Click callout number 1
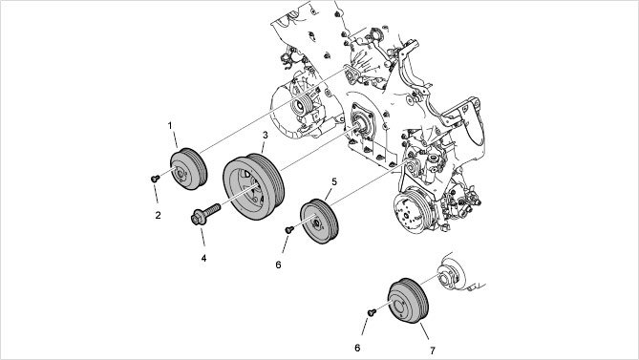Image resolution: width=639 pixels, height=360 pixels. pyautogui.click(x=170, y=126)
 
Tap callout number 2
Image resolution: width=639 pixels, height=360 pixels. pyautogui.click(x=159, y=216)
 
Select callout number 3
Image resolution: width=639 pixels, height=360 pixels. pyautogui.click(x=266, y=135)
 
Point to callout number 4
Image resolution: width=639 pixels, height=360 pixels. pyautogui.click(x=203, y=258)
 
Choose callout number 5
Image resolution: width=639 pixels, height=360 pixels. pyautogui.click(x=334, y=181)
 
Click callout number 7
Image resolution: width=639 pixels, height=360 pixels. pyautogui.click(x=433, y=350)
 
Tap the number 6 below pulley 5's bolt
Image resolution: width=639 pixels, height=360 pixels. pyautogui.click(x=278, y=265)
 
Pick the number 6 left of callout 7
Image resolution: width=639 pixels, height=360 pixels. pyautogui.click(x=357, y=349)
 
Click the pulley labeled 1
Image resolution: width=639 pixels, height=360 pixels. pyautogui.click(x=189, y=169)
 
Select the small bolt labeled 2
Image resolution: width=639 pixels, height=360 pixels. pyautogui.click(x=155, y=179)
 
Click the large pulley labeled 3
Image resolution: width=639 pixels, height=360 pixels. pyautogui.click(x=253, y=187)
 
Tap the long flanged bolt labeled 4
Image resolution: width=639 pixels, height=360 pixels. pyautogui.click(x=205, y=214)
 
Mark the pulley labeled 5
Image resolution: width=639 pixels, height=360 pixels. pyautogui.click(x=319, y=222)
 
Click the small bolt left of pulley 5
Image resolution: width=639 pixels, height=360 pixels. pyautogui.click(x=289, y=230)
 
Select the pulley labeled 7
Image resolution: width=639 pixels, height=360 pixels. pyautogui.click(x=408, y=301)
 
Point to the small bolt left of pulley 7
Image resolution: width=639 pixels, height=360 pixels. pyautogui.click(x=372, y=312)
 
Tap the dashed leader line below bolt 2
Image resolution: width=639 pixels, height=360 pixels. pyautogui.click(x=156, y=194)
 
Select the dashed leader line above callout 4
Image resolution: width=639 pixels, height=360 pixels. pyautogui.click(x=202, y=237)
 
